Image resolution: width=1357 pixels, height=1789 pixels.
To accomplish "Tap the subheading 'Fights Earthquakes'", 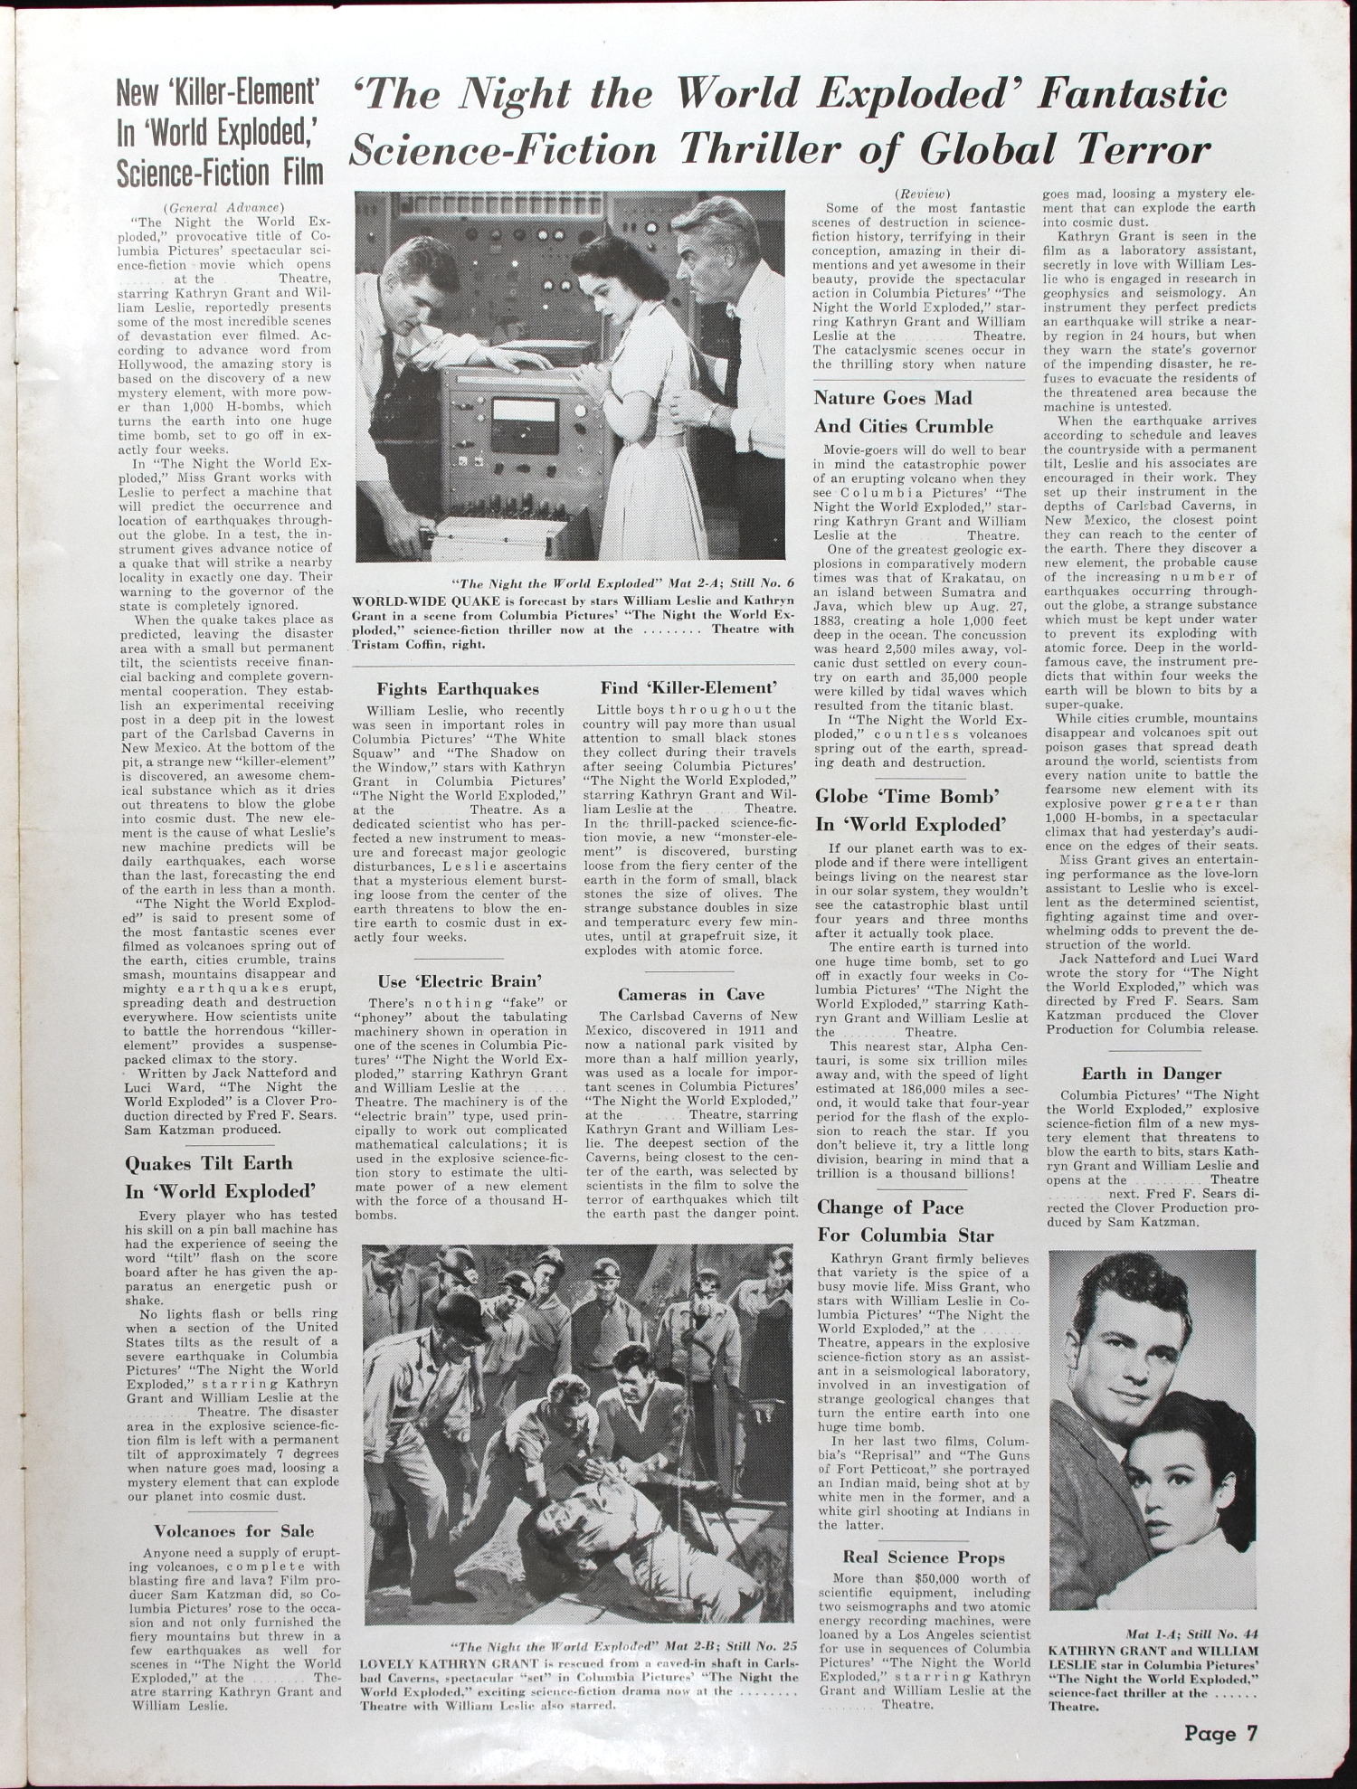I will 457,690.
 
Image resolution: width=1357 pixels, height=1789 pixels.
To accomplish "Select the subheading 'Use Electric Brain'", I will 460,980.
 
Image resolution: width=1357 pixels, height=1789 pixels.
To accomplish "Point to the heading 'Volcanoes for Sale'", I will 233,1531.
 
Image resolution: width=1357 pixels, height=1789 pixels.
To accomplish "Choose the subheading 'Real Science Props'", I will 924,1557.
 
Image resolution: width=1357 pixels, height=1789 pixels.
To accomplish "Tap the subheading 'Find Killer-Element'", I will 689,689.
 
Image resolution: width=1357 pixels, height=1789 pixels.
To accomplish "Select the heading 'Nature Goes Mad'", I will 892,398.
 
